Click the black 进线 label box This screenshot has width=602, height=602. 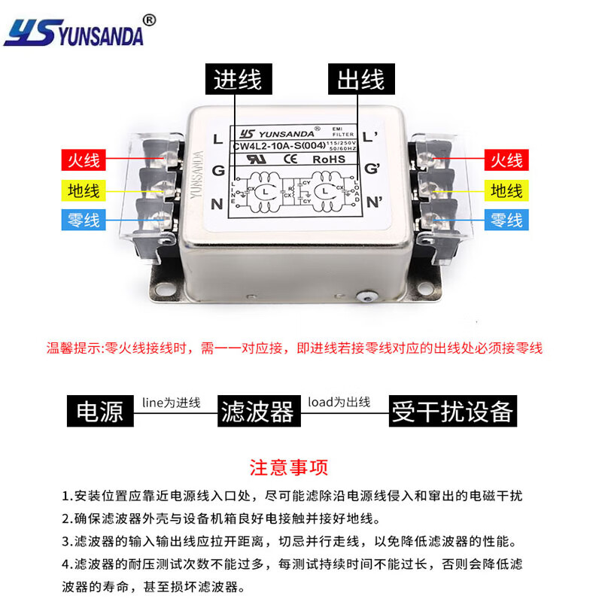pos(238,79)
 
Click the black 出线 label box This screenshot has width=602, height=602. pos(360,79)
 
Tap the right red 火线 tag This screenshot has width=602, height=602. pos(506,160)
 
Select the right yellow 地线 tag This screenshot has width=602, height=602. pos(506,190)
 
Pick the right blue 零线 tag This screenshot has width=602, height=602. pos(506,220)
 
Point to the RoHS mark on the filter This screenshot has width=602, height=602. pos(329,159)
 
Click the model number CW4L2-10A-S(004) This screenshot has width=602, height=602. pos(279,146)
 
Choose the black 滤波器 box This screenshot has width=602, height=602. pos(257,411)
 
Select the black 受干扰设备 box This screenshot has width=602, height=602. pos(452,411)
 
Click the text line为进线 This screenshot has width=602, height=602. pos(171,403)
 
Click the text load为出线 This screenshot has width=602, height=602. pos(339,403)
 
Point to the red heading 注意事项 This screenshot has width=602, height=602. pos(289,468)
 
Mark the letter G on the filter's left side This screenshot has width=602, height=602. pos(218,171)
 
